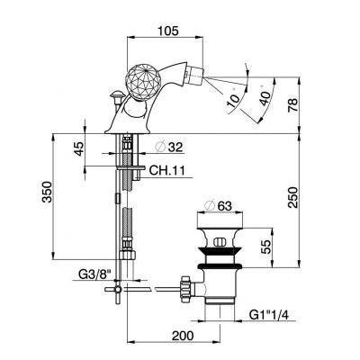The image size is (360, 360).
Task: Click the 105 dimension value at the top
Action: tap(168, 31)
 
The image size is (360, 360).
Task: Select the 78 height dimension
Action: tap(292, 105)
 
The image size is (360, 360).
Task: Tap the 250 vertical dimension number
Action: tap(292, 197)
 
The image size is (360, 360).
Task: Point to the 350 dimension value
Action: tap(47, 192)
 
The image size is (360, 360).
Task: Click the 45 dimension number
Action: tap(78, 148)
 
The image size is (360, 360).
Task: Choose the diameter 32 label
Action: tap(169, 147)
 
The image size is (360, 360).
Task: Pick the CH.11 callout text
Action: tap(167, 171)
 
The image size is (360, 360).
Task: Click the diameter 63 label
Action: tap(218, 206)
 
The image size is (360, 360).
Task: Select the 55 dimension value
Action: tap(265, 247)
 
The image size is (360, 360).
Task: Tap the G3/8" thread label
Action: tap(94, 274)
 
